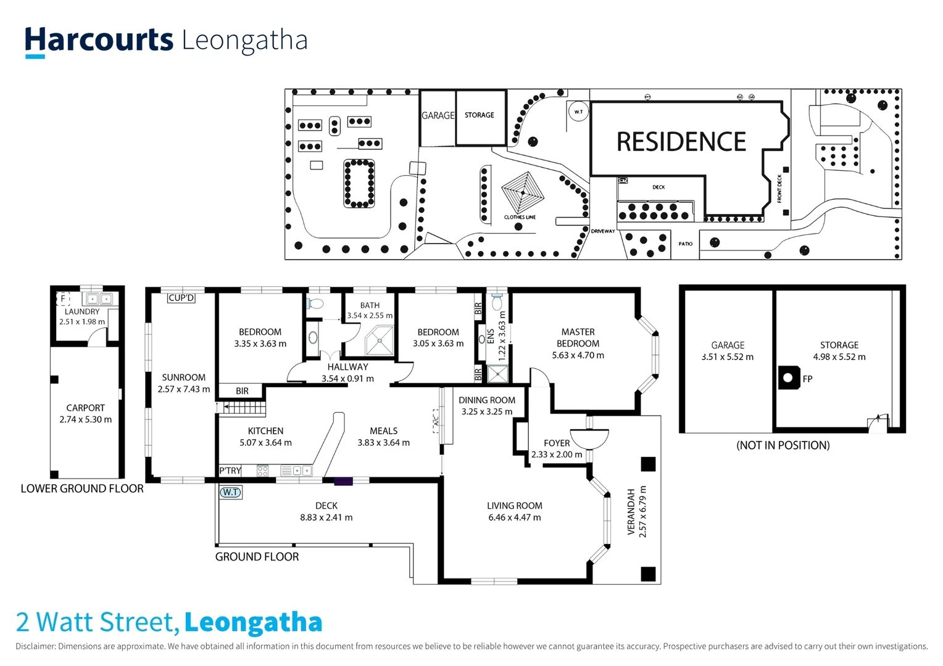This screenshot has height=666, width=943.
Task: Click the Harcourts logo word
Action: [99, 40]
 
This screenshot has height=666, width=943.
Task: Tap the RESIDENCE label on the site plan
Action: [681, 142]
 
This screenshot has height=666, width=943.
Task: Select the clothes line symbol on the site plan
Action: [522, 192]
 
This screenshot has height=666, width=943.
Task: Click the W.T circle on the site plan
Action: [578, 112]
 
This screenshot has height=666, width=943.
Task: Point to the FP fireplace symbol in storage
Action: [789, 377]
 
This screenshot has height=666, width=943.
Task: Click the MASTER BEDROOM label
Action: [578, 337]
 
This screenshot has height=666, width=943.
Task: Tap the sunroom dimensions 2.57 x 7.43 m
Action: [183, 389]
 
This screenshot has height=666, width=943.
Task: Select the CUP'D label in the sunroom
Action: [181, 298]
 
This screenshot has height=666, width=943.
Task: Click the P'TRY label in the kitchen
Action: [230, 471]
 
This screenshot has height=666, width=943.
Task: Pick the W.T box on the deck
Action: [231, 492]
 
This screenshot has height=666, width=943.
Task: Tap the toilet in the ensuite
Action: [497, 302]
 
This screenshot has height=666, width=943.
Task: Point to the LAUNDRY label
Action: [82, 312]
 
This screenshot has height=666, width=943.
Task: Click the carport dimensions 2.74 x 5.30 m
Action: [86, 419]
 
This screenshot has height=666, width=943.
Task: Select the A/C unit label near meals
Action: [436, 421]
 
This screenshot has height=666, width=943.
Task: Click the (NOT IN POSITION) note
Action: [783, 445]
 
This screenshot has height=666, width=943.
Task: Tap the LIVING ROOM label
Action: [514, 506]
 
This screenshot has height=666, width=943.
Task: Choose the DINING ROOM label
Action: [487, 400]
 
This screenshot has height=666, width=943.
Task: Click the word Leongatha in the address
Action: [253, 623]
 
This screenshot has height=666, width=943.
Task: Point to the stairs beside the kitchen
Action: [243, 408]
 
